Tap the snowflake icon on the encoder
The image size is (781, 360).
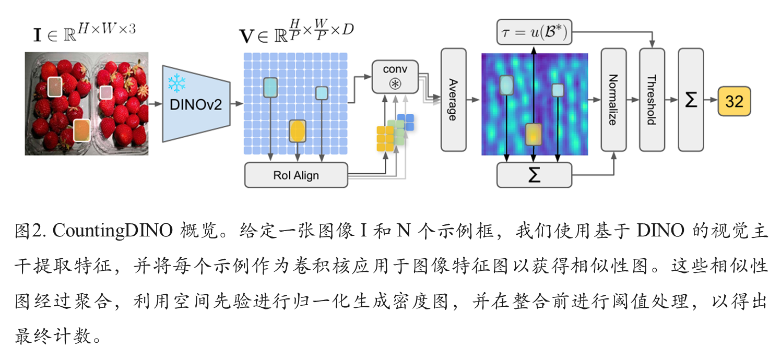[x=177, y=82]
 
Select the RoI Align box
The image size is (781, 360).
[x=296, y=175]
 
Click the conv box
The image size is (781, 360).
[x=395, y=77]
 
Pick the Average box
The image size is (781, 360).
[x=453, y=100]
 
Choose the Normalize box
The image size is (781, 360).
[x=613, y=100]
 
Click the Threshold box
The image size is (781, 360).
[x=652, y=100]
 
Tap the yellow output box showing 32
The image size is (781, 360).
[x=734, y=101]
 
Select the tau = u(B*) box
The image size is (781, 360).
[x=534, y=33]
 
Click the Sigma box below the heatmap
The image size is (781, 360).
[x=534, y=175]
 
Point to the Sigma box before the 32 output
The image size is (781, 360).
[x=691, y=100]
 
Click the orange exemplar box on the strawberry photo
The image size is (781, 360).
[x=81, y=130]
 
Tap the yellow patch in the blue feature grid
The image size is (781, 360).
[x=297, y=131]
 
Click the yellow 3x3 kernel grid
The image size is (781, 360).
[x=385, y=139]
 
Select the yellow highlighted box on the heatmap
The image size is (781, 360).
[x=534, y=134]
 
